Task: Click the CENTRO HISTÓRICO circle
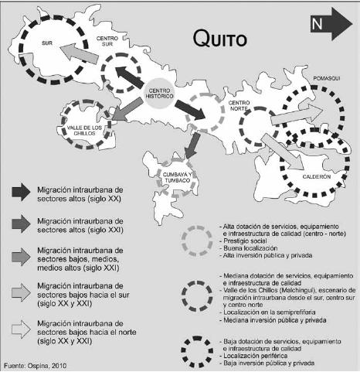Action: click(158, 95)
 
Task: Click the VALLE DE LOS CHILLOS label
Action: click(80, 129)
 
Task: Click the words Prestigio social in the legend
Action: click(245, 240)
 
